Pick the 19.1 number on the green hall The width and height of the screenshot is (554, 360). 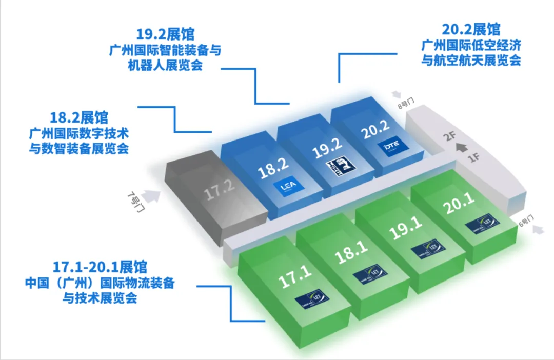click(x=406, y=228)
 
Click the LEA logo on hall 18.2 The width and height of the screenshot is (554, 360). click(x=286, y=188)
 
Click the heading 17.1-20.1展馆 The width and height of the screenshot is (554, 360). click(x=100, y=267)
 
